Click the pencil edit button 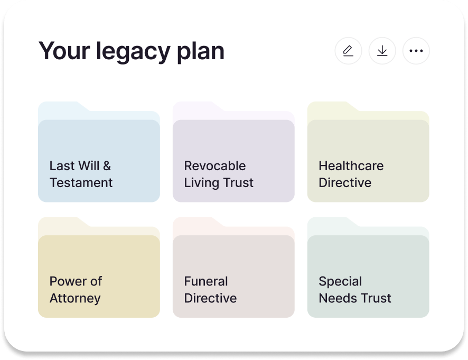tap(348, 51)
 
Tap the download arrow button tap(382, 51)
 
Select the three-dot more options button tap(416, 51)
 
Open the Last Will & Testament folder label tap(81, 174)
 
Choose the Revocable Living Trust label tap(219, 174)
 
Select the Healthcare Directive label tap(351, 174)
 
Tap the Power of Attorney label tap(76, 289)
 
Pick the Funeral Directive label tap(210, 289)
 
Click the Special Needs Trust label tap(354, 289)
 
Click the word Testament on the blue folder tap(81, 183)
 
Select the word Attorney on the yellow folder tap(75, 298)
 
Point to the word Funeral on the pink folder tap(206, 281)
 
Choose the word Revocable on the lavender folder tap(215, 166)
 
